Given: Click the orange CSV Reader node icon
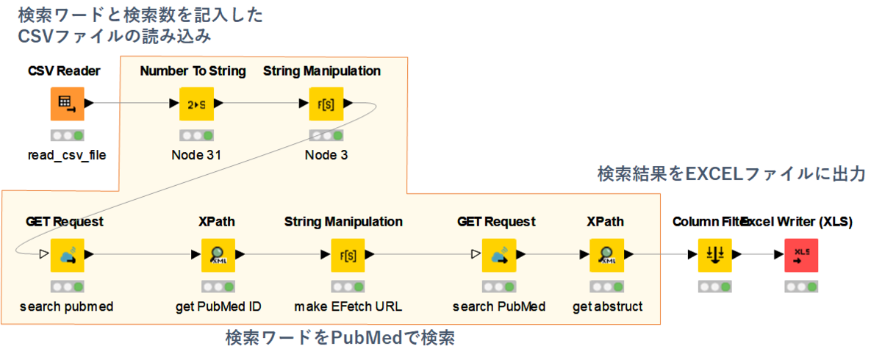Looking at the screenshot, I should tap(67, 104).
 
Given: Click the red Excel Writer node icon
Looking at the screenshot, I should tap(800, 255).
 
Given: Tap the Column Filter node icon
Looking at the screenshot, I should tap(714, 255).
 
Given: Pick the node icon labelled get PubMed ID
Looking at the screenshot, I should tap(218, 255).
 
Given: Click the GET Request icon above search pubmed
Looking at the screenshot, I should tap(67, 255).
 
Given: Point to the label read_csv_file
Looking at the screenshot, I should tap(67, 156).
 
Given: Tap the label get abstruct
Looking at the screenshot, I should tap(607, 306).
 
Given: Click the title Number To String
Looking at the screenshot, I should tap(193, 71).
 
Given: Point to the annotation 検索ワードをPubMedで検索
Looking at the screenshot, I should tap(340, 339).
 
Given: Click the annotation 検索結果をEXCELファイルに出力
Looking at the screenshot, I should tap(731, 175).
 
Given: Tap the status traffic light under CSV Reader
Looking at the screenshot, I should tap(67, 136).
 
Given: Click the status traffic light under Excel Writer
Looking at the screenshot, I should tap(800, 287).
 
